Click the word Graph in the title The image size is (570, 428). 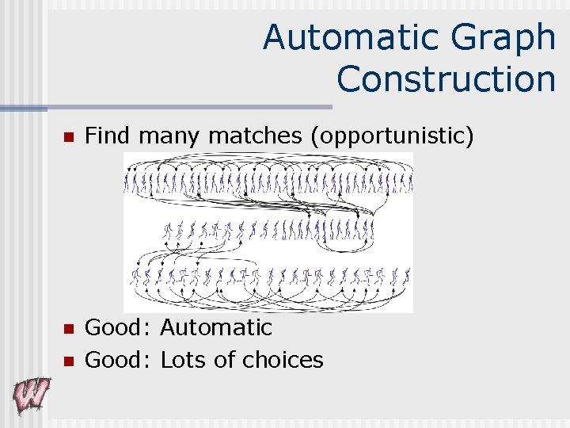point(512,37)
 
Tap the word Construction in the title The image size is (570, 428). point(446,79)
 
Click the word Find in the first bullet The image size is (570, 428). point(108,136)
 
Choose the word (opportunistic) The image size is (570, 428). point(393,136)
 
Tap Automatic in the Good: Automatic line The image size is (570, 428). point(216,327)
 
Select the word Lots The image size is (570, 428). point(184,360)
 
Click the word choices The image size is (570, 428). point(283,360)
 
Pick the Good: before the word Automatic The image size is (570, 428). point(119,327)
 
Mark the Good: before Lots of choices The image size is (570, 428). point(119,360)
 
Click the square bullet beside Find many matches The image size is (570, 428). point(68,138)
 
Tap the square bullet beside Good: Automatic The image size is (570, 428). point(68,329)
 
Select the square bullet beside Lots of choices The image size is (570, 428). point(68,361)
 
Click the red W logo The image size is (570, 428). point(31,395)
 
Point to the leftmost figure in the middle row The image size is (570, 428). point(167,231)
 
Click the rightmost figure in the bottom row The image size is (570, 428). point(405,277)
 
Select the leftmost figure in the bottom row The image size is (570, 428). point(135,277)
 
